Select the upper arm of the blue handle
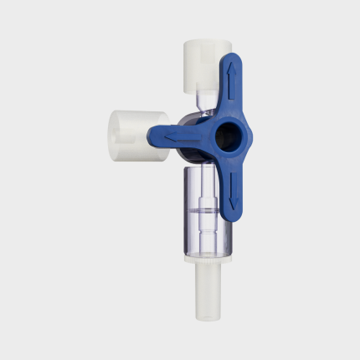pos(231,88)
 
